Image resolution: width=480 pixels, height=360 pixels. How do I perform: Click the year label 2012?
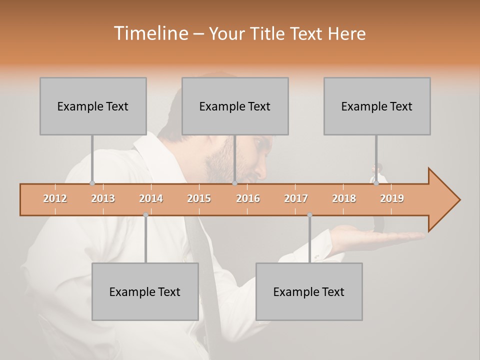[55, 198]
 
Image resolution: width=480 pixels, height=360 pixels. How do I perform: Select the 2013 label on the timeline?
[103, 198]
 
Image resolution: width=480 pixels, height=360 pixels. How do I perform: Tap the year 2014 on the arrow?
[151, 198]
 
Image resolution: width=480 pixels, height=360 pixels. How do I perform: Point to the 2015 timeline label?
[199, 198]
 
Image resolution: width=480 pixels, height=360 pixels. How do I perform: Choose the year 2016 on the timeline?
[248, 198]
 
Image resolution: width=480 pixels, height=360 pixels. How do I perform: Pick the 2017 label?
[296, 198]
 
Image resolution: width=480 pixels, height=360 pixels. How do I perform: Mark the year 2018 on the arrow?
[344, 198]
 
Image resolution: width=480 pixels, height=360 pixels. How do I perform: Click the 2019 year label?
[392, 198]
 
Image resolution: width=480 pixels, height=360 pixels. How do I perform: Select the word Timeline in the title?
[150, 33]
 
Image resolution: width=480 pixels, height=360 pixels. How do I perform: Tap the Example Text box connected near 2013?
[93, 106]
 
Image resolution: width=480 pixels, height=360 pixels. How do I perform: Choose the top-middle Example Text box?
[235, 106]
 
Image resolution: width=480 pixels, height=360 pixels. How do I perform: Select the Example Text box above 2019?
[377, 106]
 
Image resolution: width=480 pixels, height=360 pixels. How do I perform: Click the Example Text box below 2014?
[145, 291]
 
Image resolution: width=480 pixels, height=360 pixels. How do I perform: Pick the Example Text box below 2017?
[309, 291]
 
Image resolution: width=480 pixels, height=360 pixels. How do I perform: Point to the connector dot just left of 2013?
[92, 183]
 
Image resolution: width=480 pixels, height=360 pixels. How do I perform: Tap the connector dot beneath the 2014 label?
[145, 215]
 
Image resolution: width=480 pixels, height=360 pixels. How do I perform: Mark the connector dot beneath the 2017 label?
[309, 215]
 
